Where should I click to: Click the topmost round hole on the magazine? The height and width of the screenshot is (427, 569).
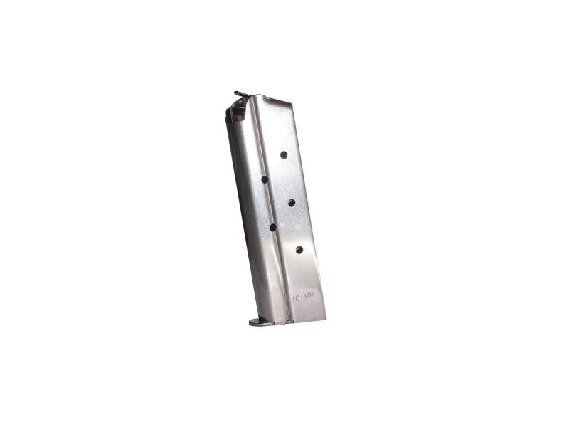pos(283,154)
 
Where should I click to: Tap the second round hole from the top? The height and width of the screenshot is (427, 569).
pos(265,179)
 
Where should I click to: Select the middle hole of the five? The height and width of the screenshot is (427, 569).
pos(292,203)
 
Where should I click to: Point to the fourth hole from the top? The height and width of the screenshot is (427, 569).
pos(272,227)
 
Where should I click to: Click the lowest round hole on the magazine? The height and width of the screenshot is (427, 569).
pos(299,249)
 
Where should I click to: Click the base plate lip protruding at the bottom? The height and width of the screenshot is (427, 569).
pos(259,322)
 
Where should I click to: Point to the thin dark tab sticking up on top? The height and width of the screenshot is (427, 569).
pos(242,93)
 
